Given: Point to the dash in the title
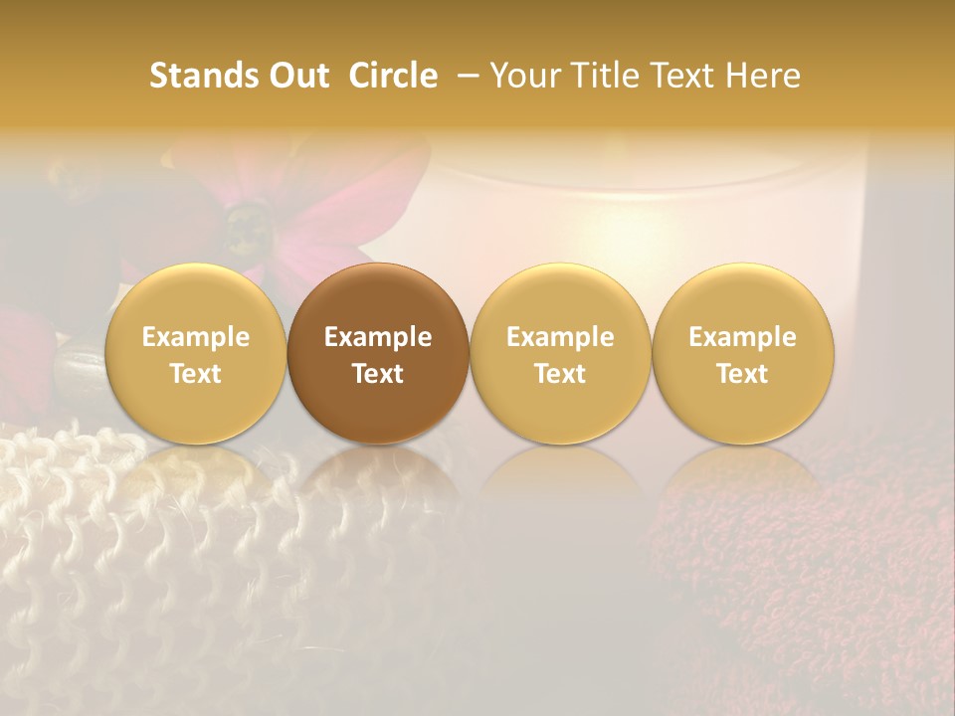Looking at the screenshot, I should click(x=464, y=76).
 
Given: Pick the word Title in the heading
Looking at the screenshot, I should click(x=604, y=76).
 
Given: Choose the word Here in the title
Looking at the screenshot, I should click(x=765, y=76).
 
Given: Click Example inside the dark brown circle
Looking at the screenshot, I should click(x=378, y=337).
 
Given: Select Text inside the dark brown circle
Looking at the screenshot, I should click(x=378, y=374).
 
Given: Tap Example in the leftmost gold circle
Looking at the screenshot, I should click(x=196, y=337).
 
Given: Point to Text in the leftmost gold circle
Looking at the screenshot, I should click(x=196, y=374).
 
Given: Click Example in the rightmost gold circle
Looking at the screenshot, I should click(x=743, y=337).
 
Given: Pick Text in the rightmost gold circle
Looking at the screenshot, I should click(x=743, y=374).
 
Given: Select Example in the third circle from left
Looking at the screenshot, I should click(x=560, y=337).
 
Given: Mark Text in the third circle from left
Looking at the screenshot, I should click(x=560, y=374).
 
